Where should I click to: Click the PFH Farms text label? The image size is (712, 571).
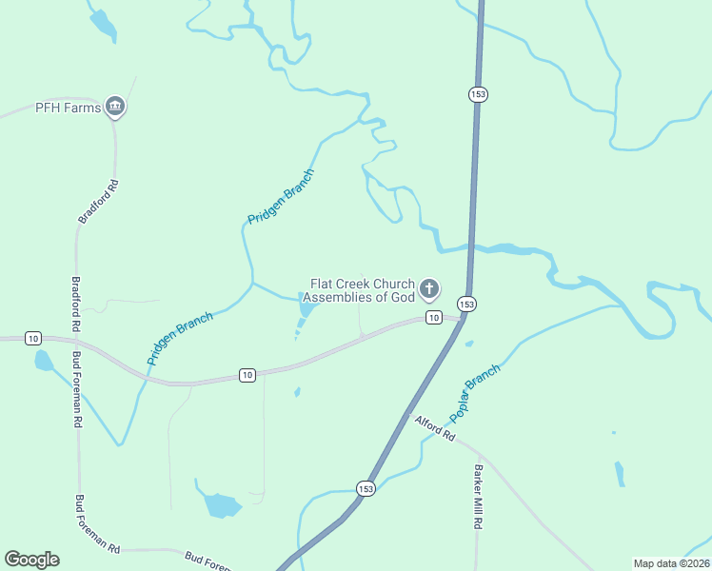(68, 107)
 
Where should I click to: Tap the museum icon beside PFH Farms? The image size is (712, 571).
(115, 107)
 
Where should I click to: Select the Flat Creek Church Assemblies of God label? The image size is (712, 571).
(363, 290)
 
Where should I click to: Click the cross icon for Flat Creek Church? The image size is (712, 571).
(429, 288)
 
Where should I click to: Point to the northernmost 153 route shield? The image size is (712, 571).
(478, 93)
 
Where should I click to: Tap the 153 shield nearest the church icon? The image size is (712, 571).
(466, 304)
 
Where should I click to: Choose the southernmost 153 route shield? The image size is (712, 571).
(366, 488)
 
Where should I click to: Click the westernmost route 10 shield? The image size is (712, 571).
(33, 338)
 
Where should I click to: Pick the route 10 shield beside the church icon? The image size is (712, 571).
(433, 317)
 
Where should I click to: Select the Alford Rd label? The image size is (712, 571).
(434, 427)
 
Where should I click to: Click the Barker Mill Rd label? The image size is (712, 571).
(479, 498)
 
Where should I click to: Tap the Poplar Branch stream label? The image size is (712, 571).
(474, 393)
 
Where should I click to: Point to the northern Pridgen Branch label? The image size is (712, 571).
(281, 197)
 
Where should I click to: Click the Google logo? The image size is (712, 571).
(31, 560)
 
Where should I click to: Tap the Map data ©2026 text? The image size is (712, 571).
(671, 562)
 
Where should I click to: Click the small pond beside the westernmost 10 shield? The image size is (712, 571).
(43, 360)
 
